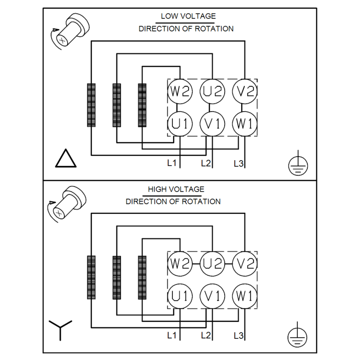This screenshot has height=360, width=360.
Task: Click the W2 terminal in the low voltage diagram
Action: [180, 91]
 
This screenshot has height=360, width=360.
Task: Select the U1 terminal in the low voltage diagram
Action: [180, 124]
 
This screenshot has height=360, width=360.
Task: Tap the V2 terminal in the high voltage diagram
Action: [245, 264]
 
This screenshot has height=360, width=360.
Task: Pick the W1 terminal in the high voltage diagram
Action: [245, 296]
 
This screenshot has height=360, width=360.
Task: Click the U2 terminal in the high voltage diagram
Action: [212, 264]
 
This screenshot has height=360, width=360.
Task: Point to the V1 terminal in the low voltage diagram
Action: [212, 124]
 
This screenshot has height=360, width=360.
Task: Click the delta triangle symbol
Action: [66, 158]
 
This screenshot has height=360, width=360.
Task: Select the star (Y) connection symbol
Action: [60, 330]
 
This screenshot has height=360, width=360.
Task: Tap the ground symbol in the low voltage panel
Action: [298, 163]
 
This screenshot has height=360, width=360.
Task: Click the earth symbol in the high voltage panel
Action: [297, 335]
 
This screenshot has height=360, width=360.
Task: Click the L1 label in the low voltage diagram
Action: [172, 163]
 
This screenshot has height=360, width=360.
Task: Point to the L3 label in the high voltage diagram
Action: [238, 336]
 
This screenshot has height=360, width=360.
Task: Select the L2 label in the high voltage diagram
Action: [206, 335]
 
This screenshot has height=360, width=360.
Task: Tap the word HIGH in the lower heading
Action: [156, 189]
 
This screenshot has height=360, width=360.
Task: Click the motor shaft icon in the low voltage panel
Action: [70, 31]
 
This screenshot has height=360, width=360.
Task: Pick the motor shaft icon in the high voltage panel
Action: [67, 204]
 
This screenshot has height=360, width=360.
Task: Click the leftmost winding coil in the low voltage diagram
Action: [91, 105]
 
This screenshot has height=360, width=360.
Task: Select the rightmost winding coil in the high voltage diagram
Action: [142, 278]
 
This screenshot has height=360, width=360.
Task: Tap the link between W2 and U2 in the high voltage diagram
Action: [196, 264]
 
